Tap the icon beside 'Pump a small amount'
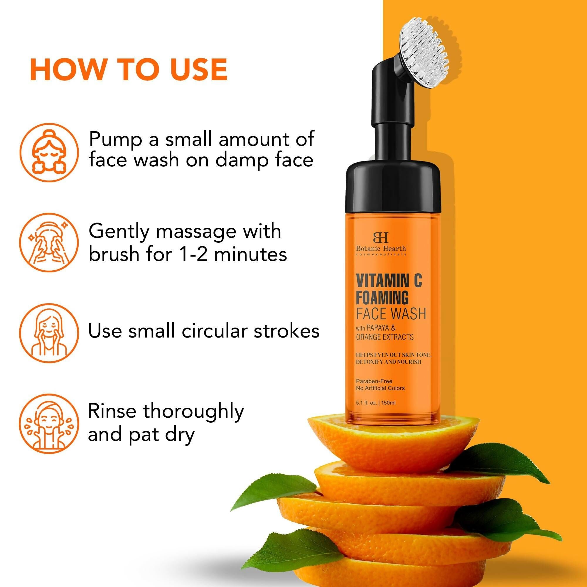pyautogui.click(x=49, y=152)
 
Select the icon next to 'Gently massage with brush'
pyautogui.click(x=49, y=242)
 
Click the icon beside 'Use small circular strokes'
pyautogui.click(x=49, y=331)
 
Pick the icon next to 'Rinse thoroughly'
pyautogui.click(x=49, y=423)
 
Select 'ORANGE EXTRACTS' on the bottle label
pyautogui.click(x=385, y=337)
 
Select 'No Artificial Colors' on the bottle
pyautogui.click(x=380, y=388)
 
